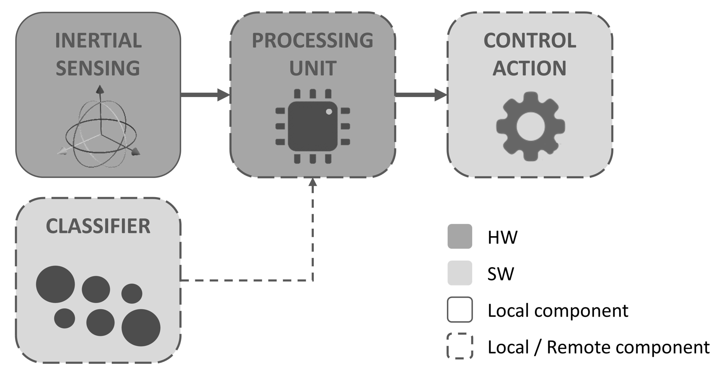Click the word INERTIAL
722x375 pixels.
pos(98,41)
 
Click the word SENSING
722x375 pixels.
pos(98,68)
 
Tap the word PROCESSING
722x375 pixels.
pos(312,41)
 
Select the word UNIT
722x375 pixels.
pos(313,68)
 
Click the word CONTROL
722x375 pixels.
pos(530,41)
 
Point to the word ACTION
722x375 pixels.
pos(529,68)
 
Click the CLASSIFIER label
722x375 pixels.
pos(98,226)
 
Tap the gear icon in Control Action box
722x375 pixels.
pos(530,126)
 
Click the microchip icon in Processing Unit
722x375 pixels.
pos(313,126)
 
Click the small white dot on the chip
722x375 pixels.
pos(329,112)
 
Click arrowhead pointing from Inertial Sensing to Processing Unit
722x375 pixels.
pos(224,95)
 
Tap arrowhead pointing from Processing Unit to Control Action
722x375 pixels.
pos(441,95)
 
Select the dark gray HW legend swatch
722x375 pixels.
pos(460,236)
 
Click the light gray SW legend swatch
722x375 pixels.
pos(460,273)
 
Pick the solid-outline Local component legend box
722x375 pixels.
pos(460,309)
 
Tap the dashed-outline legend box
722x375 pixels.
pos(460,346)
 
